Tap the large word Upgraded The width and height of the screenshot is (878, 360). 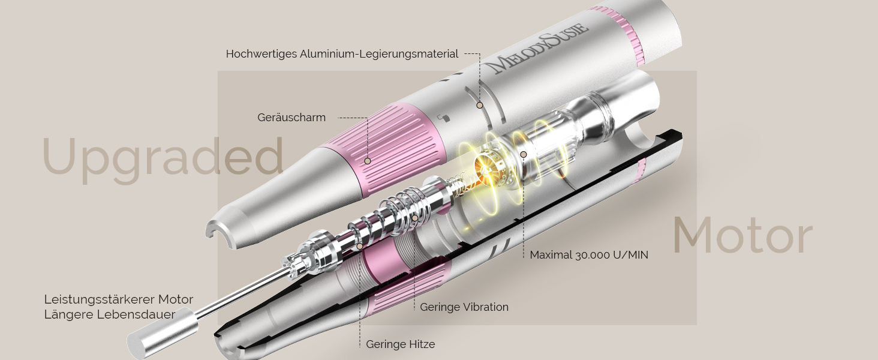pos(163,159)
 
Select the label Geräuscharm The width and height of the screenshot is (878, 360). pos(291,118)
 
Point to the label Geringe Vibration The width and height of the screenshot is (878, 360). pos(464,307)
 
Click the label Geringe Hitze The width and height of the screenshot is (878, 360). pos(400,344)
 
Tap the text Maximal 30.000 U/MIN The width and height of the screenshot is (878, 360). pos(589,255)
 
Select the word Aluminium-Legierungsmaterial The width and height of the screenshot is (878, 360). pos(379,54)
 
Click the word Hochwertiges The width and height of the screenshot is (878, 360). pos(261,54)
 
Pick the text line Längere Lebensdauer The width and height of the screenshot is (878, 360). pos(110,314)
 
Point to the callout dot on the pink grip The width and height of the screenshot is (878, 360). pos(367,161)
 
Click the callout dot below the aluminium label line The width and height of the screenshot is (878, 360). pos(479,105)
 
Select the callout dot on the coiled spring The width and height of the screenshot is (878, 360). pos(414,218)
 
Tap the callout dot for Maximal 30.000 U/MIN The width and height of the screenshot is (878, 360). pos(524,155)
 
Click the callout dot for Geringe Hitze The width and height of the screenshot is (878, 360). pos(359,246)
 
